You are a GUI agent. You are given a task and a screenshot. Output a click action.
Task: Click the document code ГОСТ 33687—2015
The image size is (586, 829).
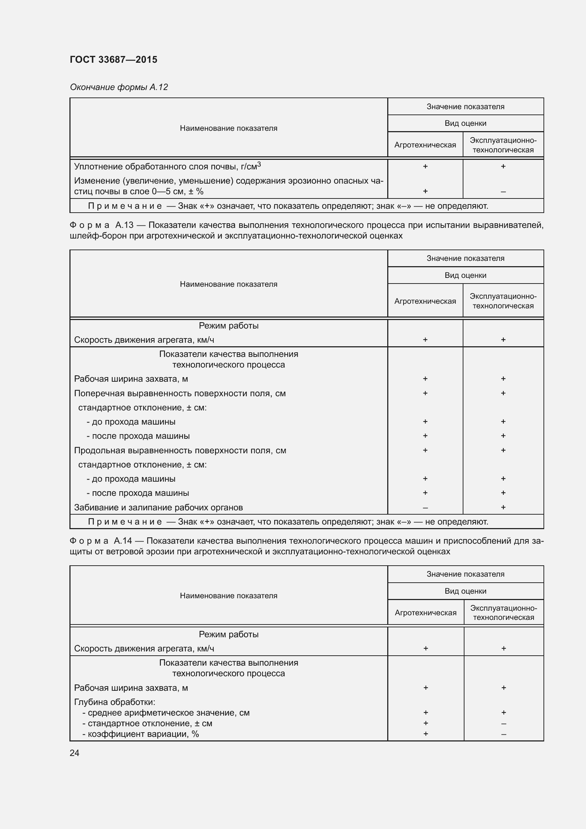coord(113,60)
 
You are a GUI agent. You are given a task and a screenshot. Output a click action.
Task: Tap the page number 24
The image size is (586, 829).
coord(74,753)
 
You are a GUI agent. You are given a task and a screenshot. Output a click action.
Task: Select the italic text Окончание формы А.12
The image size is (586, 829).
coord(119,87)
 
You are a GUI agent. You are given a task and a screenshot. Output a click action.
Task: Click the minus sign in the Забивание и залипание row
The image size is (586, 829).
coord(425,508)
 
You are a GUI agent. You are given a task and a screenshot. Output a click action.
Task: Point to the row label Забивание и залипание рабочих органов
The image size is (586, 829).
coord(158,507)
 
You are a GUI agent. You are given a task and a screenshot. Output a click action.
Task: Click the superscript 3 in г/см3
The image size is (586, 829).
coord(259,164)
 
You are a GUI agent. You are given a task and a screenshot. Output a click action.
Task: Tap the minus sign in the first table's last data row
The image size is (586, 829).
coord(503,192)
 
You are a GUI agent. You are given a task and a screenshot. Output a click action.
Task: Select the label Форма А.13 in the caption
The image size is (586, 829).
coord(101,225)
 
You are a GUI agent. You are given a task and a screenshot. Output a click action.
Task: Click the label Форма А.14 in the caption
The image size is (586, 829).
coord(101,540)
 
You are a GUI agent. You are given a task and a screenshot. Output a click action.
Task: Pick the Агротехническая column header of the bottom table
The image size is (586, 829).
coord(426,612)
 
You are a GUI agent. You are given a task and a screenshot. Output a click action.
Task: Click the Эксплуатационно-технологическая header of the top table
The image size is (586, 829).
coord(503,145)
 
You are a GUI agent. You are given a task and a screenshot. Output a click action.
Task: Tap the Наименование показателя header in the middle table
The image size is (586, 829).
coord(229,284)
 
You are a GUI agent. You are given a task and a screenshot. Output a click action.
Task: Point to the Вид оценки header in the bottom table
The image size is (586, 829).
coord(466,591)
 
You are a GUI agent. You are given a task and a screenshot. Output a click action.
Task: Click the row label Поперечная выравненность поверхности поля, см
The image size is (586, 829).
coord(180,393)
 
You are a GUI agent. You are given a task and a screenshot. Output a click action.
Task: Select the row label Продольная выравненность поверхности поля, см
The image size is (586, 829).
coord(180,450)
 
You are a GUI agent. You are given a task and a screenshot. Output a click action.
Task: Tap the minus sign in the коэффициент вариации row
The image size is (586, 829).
coord(503,734)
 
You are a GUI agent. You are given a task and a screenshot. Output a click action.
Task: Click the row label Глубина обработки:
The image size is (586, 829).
coord(114,702)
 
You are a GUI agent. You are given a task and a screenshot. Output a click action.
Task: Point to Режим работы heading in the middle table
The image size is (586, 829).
coord(229,325)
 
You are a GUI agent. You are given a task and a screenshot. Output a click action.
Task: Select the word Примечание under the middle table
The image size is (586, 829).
coord(125,522)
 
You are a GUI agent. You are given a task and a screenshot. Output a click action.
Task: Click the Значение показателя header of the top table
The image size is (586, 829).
coord(466,107)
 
